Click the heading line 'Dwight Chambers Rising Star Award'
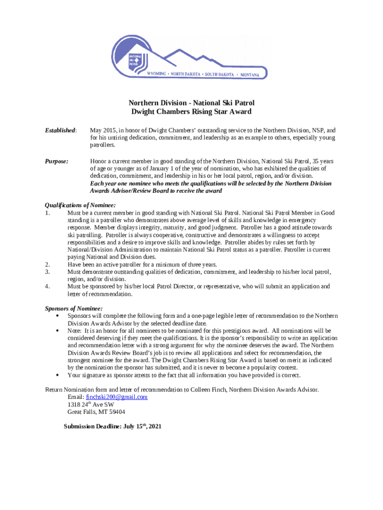pos(191,112)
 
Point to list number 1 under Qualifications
pos(47,213)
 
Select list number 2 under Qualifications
pos(47,264)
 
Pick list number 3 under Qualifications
pos(47,272)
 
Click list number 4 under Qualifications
pos(47,286)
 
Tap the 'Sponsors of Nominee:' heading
pos(74,308)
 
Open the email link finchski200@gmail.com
pos(117,397)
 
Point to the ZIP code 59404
pos(117,412)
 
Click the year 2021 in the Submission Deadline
pos(155,427)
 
